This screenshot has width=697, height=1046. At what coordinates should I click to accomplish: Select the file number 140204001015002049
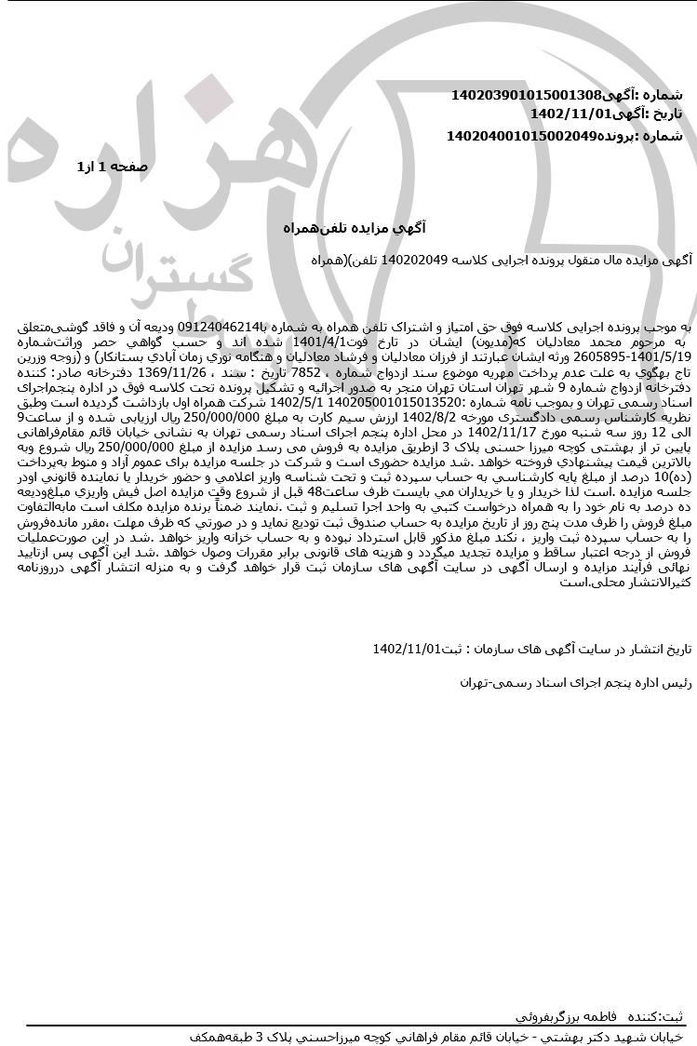pyautogui.click(x=521, y=136)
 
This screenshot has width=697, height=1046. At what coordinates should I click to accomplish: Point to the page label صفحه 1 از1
pyautogui.click(x=112, y=167)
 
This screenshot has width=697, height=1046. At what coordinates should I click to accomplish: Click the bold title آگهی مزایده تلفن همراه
pyautogui.click(x=353, y=228)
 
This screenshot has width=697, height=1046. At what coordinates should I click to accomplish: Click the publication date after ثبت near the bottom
pyautogui.click(x=405, y=649)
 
